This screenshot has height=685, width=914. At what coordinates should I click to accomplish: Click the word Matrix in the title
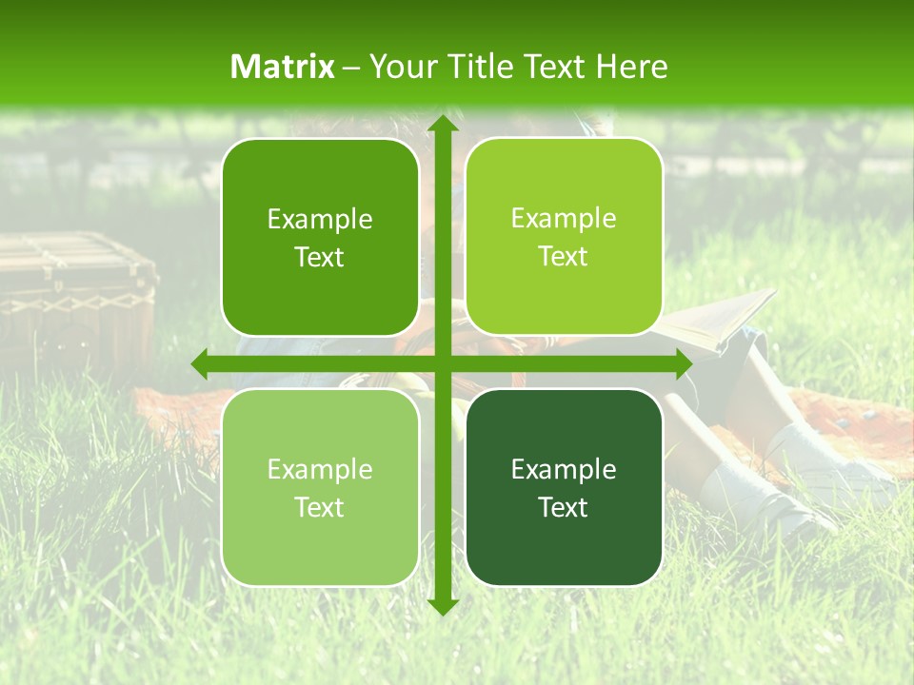(283, 67)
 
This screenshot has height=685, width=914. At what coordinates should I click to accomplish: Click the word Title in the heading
(480, 67)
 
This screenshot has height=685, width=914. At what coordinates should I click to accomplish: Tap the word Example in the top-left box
(320, 220)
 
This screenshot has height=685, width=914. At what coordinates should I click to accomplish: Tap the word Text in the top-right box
(564, 257)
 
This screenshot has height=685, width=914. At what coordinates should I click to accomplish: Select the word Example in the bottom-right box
(564, 469)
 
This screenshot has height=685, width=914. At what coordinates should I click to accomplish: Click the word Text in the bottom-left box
(320, 507)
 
